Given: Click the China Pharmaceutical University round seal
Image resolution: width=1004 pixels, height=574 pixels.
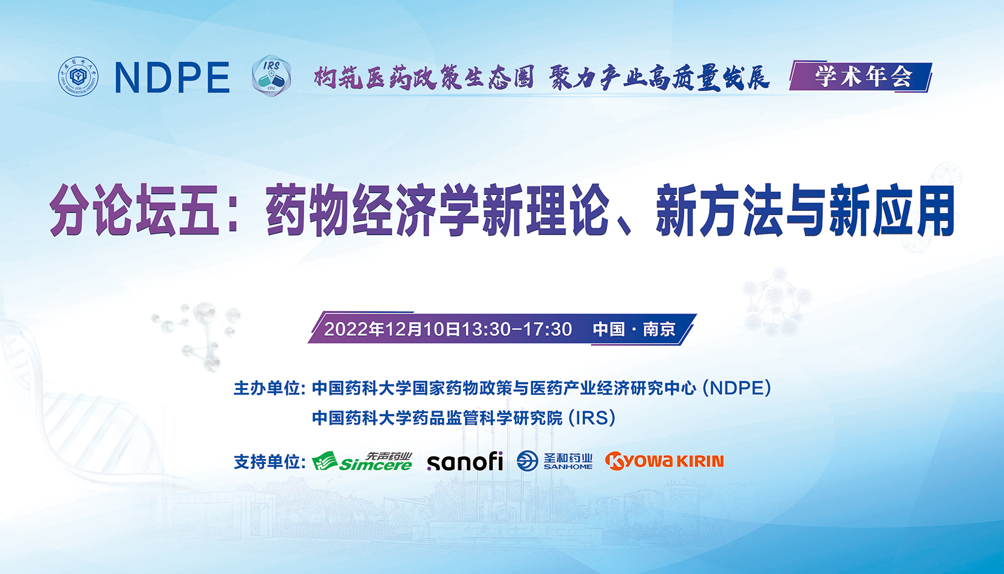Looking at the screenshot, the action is click(x=78, y=77).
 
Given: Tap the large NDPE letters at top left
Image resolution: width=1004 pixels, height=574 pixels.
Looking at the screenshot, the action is click(x=172, y=78).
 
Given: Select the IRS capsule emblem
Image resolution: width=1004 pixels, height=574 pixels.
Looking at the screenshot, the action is click(x=271, y=76).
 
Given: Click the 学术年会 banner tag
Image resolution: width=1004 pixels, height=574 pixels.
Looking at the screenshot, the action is click(x=861, y=77).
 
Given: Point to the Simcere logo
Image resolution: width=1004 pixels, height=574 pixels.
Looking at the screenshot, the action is click(x=362, y=462).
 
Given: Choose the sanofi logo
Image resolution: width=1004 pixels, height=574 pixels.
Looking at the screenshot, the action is click(x=465, y=462).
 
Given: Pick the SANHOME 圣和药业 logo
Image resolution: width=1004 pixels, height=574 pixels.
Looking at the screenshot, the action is click(x=554, y=461).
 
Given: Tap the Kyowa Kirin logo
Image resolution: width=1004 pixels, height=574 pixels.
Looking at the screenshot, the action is click(x=664, y=461).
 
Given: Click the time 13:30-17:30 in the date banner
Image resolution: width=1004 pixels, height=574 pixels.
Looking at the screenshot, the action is click(x=517, y=329).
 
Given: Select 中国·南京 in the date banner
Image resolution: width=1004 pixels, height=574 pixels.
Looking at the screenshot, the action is click(x=634, y=329).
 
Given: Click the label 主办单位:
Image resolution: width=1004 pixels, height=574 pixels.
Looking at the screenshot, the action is click(x=270, y=388).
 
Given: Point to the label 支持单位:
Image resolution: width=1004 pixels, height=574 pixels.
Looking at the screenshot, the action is click(x=270, y=462).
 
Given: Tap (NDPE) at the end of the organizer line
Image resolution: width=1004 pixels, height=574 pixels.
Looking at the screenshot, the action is click(x=737, y=388).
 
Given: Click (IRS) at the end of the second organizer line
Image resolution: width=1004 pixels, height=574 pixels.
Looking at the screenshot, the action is click(x=592, y=418).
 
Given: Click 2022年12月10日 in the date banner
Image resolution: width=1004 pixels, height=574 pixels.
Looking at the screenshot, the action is click(x=392, y=329).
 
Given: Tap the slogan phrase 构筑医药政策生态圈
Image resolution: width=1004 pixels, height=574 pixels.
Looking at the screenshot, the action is click(x=424, y=78).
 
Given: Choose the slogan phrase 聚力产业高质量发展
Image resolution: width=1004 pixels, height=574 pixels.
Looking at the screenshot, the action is click(x=659, y=78).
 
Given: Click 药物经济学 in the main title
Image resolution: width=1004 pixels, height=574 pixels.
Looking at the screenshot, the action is click(x=373, y=210).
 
